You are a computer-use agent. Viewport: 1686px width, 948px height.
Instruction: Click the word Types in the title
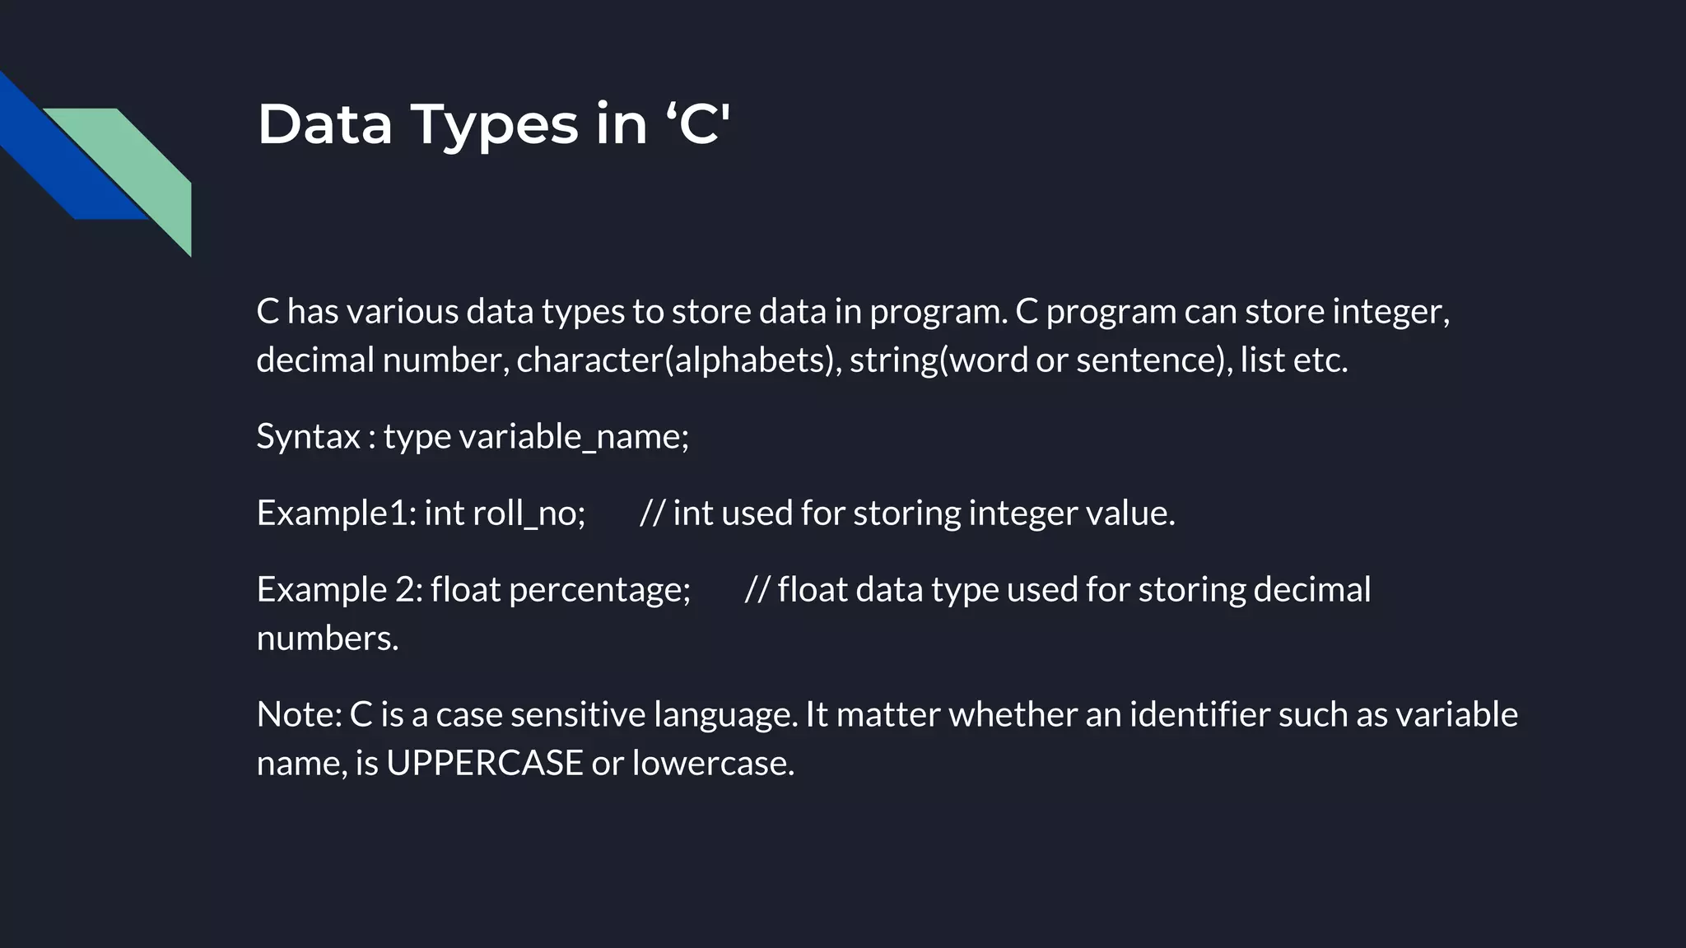pyautogui.click(x=494, y=125)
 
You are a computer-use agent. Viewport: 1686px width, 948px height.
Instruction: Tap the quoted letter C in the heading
pyautogui.click(x=699, y=125)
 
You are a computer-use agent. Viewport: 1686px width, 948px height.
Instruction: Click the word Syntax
pyautogui.click(x=308, y=436)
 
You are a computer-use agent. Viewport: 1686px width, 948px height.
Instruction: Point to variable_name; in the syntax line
pyautogui.click(x=573, y=436)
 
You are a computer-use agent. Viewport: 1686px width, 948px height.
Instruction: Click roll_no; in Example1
pyautogui.click(x=529, y=513)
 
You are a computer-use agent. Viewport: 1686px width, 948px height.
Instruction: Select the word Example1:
pyautogui.click(x=337, y=513)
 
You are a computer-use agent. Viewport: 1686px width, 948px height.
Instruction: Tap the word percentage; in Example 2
pyautogui.click(x=599, y=590)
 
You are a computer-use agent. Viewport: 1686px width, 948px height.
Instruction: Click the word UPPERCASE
pyautogui.click(x=484, y=763)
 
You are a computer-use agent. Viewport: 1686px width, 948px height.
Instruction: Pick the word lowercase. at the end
pyautogui.click(x=713, y=763)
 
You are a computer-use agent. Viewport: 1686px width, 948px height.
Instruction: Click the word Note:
pyautogui.click(x=299, y=714)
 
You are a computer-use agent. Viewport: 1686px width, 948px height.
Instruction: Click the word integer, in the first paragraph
pyautogui.click(x=1390, y=312)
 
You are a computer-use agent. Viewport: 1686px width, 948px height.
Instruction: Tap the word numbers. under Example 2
pyautogui.click(x=328, y=639)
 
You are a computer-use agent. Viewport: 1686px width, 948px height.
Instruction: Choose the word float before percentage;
pyautogui.click(x=465, y=590)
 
